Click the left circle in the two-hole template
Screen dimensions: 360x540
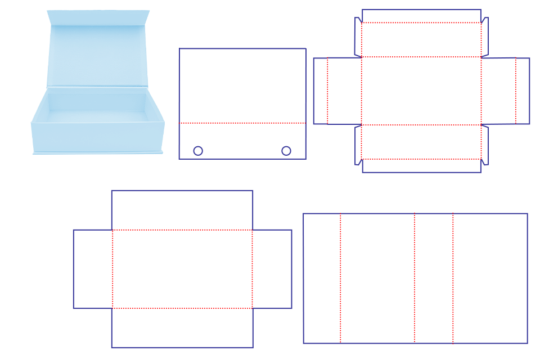198,151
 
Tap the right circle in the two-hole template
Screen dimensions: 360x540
286,151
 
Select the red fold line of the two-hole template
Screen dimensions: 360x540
242,123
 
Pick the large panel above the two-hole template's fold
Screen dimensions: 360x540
242,85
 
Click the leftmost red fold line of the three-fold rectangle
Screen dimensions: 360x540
340,278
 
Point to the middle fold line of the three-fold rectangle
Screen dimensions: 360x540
415,278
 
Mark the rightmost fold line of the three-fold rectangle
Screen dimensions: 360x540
453,278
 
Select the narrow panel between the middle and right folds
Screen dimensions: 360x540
434,278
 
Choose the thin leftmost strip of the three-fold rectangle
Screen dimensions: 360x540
322,278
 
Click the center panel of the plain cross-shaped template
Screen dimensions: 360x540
182,269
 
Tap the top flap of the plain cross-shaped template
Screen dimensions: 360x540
182,210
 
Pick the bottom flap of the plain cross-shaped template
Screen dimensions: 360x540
182,328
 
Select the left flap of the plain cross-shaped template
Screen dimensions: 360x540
93,269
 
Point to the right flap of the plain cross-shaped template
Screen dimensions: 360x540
272,269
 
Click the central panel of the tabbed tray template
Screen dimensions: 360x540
421,91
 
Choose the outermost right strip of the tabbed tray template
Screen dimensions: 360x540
523,91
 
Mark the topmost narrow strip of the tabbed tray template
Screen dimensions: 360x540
421,16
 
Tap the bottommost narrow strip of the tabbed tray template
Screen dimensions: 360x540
421,166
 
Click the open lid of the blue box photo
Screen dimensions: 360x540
97,53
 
